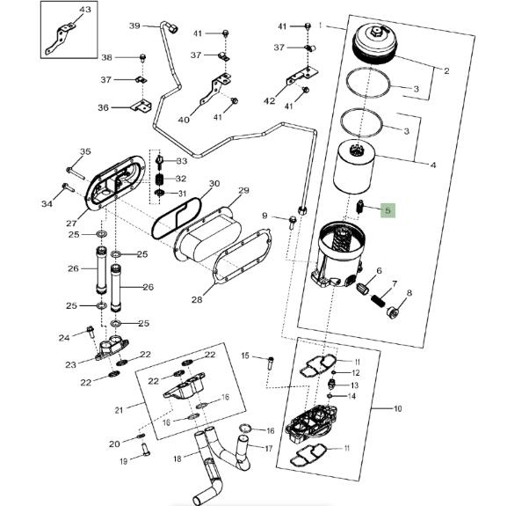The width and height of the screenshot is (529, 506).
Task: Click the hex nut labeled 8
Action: click(x=395, y=311)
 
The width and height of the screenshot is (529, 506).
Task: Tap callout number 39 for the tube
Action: click(x=134, y=26)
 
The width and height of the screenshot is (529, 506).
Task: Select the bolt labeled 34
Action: click(x=67, y=187)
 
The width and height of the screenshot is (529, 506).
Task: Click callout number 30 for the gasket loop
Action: click(x=214, y=185)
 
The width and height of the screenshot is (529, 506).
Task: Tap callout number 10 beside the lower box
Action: click(x=397, y=409)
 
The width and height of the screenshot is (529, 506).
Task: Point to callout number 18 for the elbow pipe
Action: click(x=177, y=458)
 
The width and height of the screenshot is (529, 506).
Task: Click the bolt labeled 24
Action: click(x=91, y=333)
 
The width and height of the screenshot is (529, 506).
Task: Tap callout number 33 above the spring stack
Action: click(x=181, y=162)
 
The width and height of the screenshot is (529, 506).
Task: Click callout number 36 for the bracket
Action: click(x=103, y=108)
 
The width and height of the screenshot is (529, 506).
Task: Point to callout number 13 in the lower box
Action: click(x=355, y=385)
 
